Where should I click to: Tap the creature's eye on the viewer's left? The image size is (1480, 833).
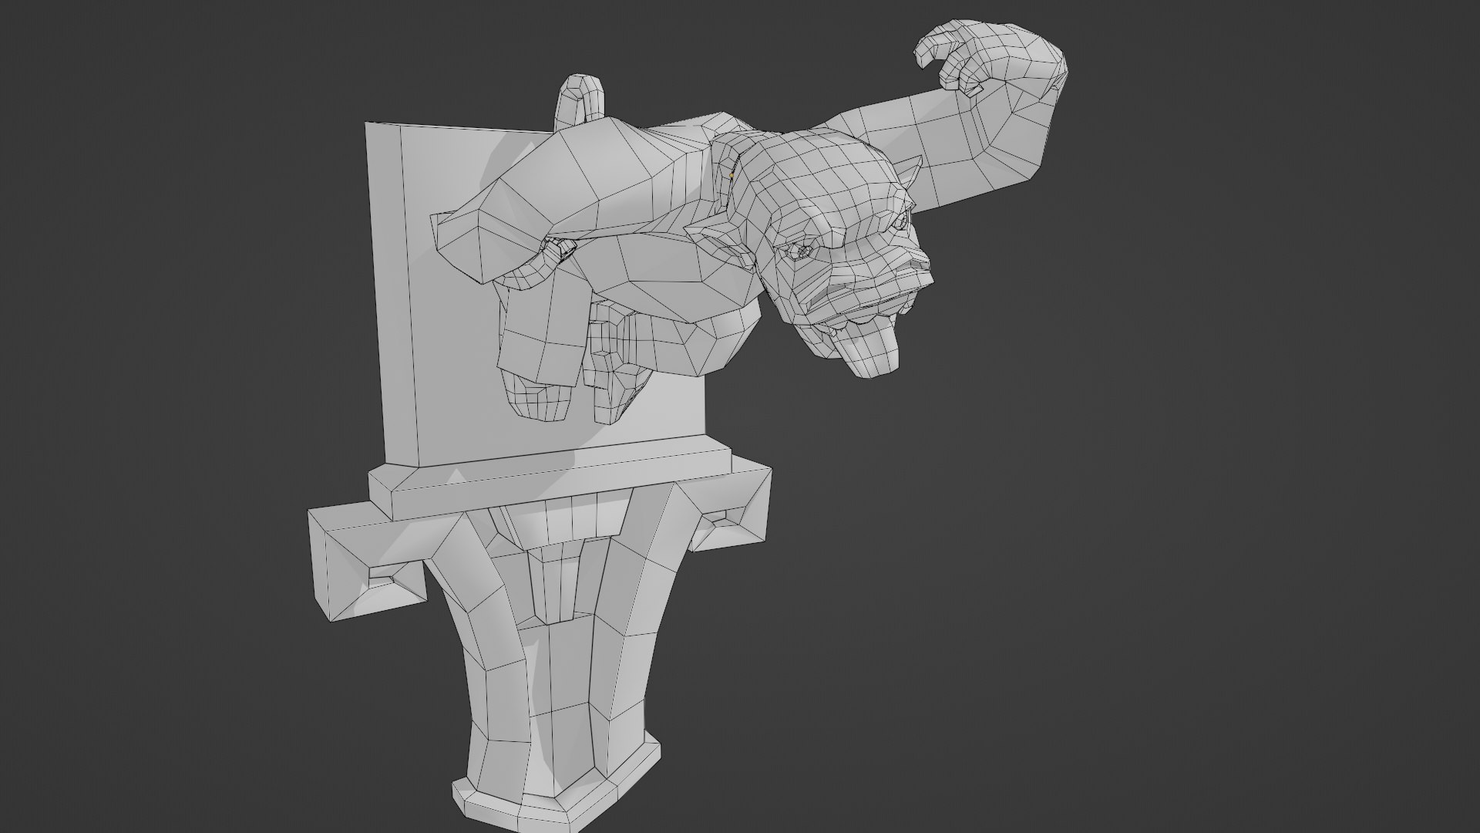(x=802, y=251)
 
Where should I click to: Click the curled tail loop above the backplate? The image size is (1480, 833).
(x=582, y=100)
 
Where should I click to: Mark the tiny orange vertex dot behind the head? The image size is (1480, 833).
(x=731, y=176)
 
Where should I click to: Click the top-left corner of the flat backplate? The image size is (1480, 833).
(x=367, y=124)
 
